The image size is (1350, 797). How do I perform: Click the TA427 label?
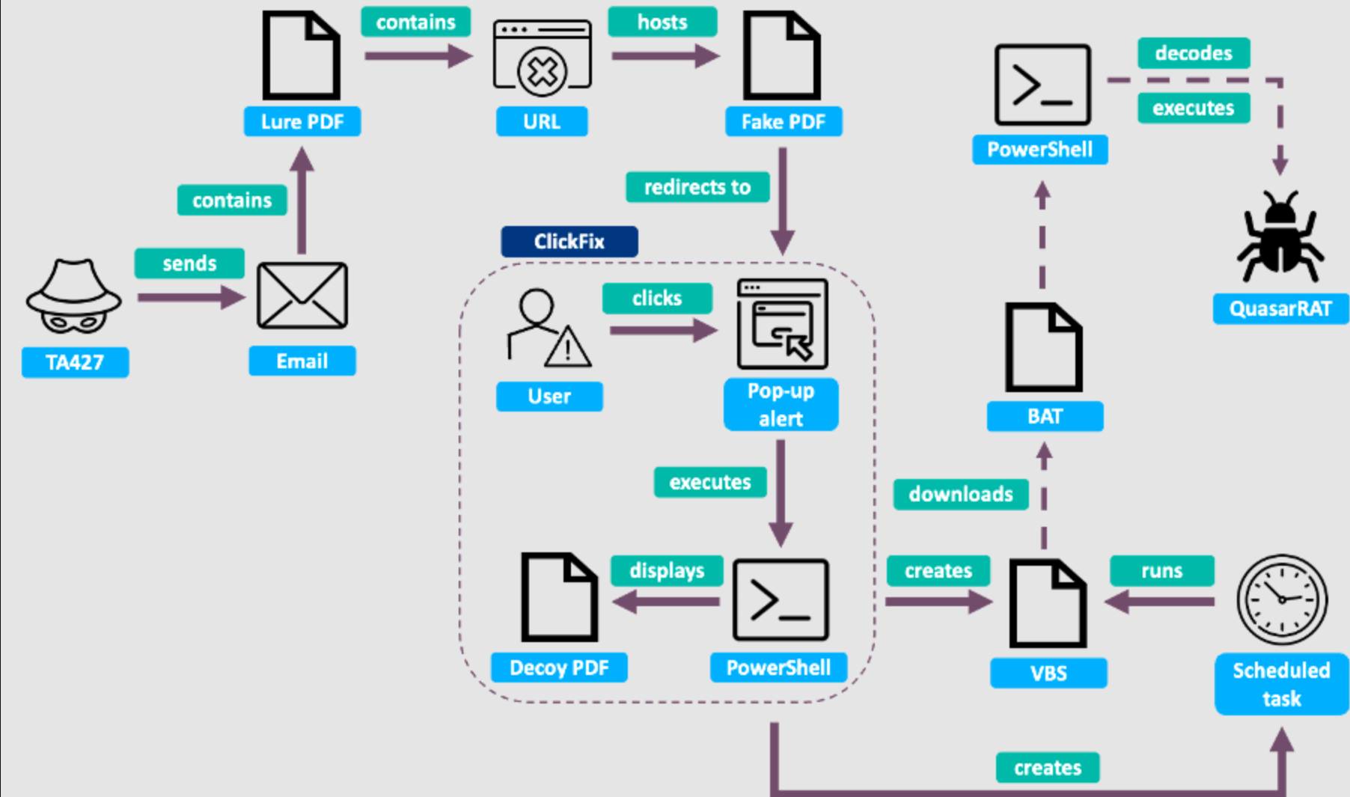point(75,362)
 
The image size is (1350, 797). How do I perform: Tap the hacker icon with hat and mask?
point(73,296)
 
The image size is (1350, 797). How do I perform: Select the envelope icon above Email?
point(302,296)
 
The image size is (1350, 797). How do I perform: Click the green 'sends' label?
point(189,263)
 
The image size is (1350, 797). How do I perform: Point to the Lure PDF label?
point(302,121)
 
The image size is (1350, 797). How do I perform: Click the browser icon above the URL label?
point(542,58)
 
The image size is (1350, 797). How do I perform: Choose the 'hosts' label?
point(662,22)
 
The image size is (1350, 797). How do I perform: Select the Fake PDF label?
point(784,121)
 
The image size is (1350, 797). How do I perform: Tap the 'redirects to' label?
point(697,187)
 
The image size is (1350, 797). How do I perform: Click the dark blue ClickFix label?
point(569,242)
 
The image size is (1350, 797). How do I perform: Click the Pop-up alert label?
point(781,405)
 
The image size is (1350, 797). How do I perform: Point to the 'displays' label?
point(667,571)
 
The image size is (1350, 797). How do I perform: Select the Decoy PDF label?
point(559,668)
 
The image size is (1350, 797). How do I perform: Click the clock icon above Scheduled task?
point(1282,599)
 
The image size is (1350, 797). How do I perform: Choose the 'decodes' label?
point(1194,53)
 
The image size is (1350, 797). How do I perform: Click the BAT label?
point(1045,416)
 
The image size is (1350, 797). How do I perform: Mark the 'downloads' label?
point(961,494)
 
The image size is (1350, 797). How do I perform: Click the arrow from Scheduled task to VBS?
point(1159,601)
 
